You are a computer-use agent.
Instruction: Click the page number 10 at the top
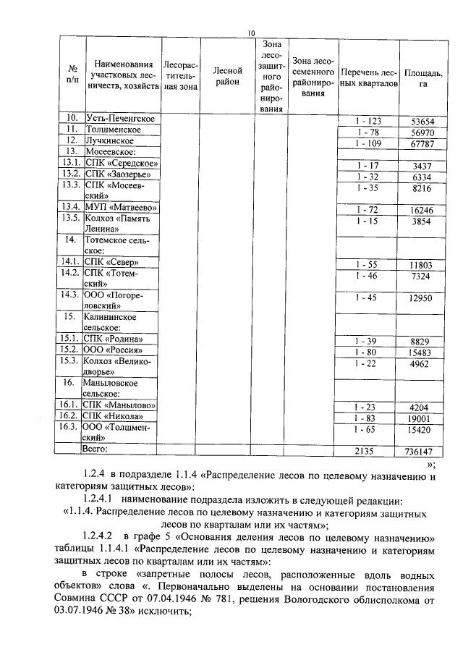point(251,33)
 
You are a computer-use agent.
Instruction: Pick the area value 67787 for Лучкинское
point(422,145)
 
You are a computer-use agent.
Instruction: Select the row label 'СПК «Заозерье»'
point(118,174)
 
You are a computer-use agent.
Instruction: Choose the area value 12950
point(422,298)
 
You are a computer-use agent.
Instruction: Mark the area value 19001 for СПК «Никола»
point(422,418)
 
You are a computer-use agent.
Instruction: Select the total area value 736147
point(422,451)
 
